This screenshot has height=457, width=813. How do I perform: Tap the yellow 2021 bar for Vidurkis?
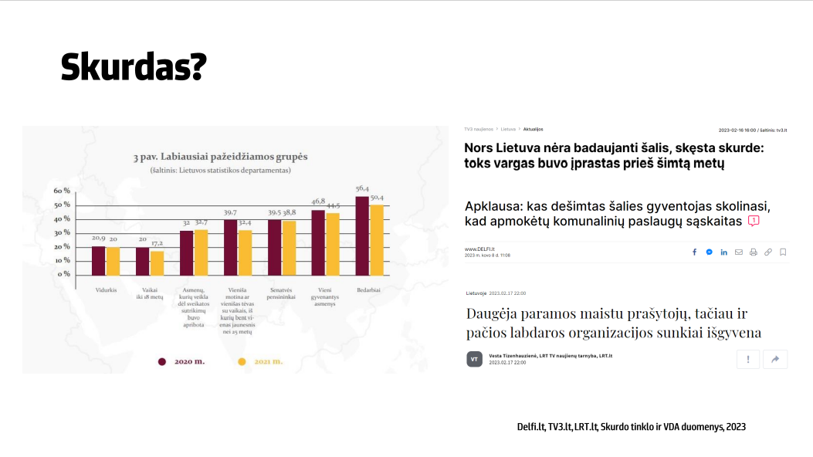(x=113, y=261)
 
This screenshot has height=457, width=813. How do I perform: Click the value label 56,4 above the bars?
(x=362, y=189)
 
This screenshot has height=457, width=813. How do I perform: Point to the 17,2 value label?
(x=157, y=242)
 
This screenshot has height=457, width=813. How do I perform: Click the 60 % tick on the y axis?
(x=62, y=191)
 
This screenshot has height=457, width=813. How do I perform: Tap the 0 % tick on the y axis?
(x=64, y=274)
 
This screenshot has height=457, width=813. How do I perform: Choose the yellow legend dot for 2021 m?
(x=242, y=361)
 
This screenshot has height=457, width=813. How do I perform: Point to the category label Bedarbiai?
(x=368, y=290)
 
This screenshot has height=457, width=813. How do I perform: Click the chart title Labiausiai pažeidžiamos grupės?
(x=221, y=157)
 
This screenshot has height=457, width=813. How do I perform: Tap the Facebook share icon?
(x=694, y=252)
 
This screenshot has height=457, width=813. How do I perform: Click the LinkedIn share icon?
(x=723, y=252)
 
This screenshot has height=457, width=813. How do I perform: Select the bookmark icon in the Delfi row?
(x=783, y=252)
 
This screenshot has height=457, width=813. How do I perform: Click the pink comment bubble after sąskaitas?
(x=754, y=221)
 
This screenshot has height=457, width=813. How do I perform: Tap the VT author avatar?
(x=475, y=359)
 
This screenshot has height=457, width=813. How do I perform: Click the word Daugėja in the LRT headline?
(x=495, y=313)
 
